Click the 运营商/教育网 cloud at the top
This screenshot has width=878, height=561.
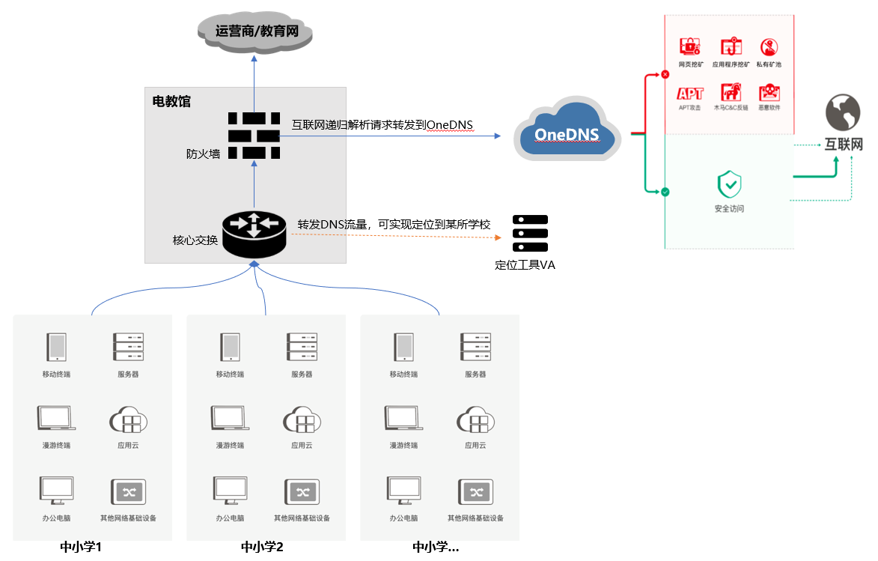[x=254, y=31]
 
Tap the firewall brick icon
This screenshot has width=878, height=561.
[x=254, y=136]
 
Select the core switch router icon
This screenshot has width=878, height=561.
[x=254, y=233]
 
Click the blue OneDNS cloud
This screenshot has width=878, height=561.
[x=567, y=131]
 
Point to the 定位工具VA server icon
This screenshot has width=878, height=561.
[x=530, y=234]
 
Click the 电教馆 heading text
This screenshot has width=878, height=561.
[x=171, y=101]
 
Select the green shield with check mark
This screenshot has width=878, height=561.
[x=729, y=184]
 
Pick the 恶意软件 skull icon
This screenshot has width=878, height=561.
[x=769, y=93]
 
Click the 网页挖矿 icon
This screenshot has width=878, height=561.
[x=689, y=47]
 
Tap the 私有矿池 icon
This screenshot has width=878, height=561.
[x=769, y=47]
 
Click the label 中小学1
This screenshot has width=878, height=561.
[x=81, y=547]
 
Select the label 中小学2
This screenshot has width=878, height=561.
[x=262, y=547]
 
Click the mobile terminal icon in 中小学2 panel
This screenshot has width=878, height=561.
[x=230, y=348]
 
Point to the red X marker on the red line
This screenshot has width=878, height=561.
[x=665, y=74]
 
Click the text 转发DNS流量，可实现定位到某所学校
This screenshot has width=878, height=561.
[x=394, y=224]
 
